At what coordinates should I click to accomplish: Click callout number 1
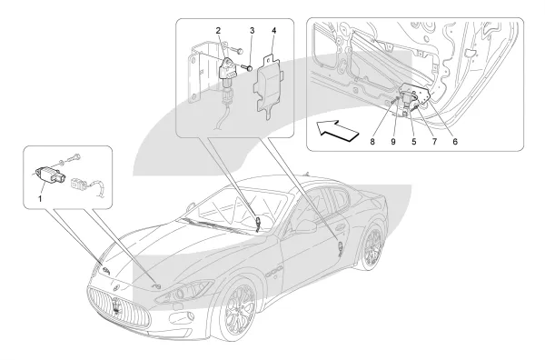40,199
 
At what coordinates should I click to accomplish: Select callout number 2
218,31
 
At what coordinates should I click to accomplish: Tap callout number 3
252,31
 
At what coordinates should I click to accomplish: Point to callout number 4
274,31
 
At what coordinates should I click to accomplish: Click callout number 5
413,142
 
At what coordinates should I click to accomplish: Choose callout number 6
455,142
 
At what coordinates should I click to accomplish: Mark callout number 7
434,142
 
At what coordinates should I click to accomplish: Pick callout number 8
372,142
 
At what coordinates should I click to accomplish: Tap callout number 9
393,142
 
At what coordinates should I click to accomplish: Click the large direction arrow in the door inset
336,130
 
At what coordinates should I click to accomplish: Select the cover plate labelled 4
268,85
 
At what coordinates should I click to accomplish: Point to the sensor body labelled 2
227,71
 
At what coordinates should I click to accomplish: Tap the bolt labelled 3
247,67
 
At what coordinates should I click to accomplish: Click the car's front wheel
240,310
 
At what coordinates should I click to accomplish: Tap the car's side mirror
306,226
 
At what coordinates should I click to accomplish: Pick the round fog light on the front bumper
190,316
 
